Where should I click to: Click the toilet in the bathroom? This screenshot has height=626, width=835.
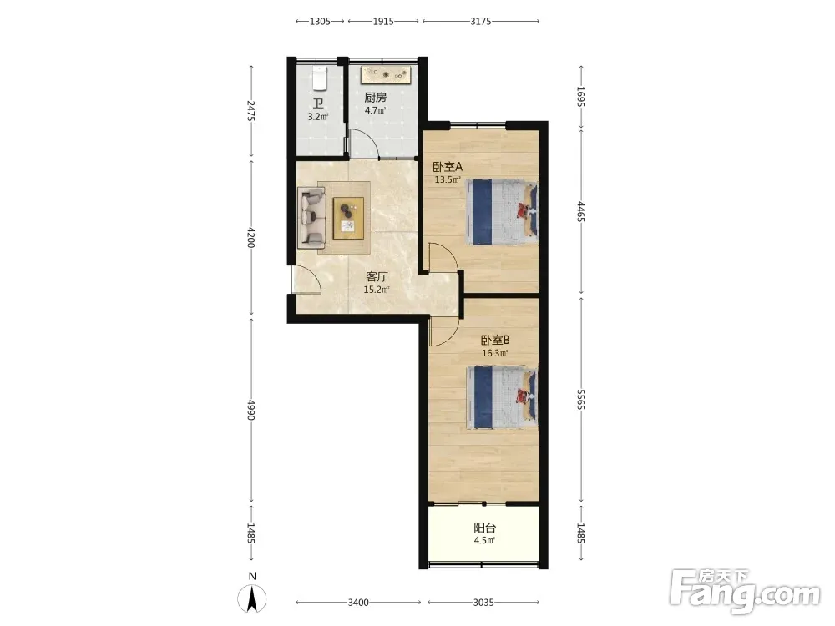click(x=319, y=78)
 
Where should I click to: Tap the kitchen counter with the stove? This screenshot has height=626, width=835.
click(x=387, y=75)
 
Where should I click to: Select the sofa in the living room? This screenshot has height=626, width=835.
click(x=311, y=218)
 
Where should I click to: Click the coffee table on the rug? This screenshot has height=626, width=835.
click(x=349, y=218)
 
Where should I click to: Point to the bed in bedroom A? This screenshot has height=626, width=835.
click(x=502, y=212)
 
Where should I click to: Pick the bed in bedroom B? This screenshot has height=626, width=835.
click(x=502, y=397)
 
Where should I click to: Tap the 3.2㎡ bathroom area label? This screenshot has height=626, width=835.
click(x=318, y=117)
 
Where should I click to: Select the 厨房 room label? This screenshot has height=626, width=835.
click(x=376, y=98)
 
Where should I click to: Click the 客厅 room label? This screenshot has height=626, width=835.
click(x=377, y=277)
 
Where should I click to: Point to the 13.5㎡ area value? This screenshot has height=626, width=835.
click(x=448, y=179)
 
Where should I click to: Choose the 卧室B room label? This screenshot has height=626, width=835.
click(x=495, y=340)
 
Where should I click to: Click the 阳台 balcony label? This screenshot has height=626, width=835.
click(x=484, y=528)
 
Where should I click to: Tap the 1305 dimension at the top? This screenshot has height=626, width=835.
click(x=320, y=22)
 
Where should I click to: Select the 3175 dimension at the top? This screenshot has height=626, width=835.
click(x=481, y=22)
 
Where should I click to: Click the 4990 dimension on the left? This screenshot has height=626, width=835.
click(x=251, y=409)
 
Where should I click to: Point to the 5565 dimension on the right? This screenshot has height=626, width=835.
click(x=581, y=399)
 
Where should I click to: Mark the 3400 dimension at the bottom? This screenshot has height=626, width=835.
click(x=358, y=603)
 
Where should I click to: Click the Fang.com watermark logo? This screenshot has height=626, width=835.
click(x=745, y=592)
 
